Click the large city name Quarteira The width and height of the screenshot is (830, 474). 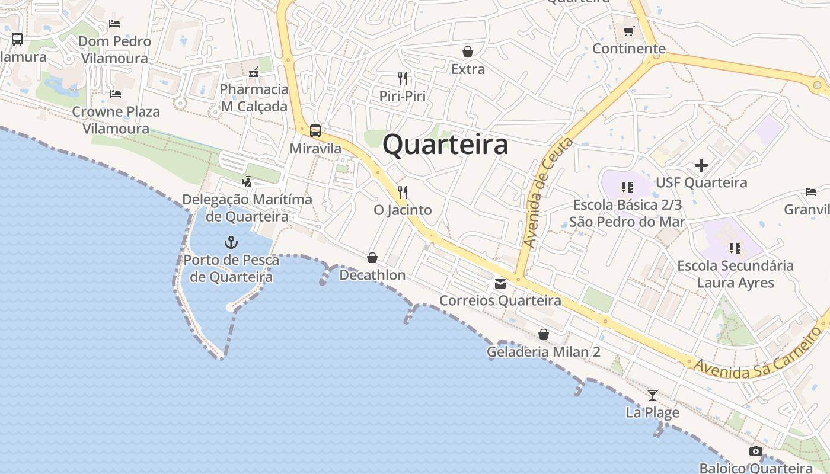tap(445, 145)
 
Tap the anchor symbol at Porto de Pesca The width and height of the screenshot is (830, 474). tap(231, 242)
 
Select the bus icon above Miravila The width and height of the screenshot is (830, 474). tap(315, 131)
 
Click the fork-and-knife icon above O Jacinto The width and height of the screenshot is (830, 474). tap(403, 193)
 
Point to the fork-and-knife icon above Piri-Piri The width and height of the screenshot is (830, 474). tap(403, 78)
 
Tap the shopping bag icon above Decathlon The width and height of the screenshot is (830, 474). tap(372, 258)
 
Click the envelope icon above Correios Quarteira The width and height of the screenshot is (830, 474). tap(500, 284)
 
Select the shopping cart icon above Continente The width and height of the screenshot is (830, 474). tap(628, 31)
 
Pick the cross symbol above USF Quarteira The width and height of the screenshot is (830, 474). tap(701, 165)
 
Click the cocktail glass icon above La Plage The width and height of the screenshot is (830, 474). tap(653, 395)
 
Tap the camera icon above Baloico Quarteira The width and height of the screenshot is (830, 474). tap(755, 451)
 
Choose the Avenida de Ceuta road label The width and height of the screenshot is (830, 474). tap(548, 193)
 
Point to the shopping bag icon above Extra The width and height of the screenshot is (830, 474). tap(468, 52)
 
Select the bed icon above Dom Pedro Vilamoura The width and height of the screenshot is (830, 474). tap(114, 24)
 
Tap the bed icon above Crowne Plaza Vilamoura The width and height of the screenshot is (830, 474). tap(116, 94)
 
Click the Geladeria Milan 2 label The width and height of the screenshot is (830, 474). tap(543, 352)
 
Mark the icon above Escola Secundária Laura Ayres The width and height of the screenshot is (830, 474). tap(735, 248)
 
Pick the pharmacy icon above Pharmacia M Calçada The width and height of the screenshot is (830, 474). tap(254, 72)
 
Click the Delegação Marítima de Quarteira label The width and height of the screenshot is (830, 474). tap(247, 207)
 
